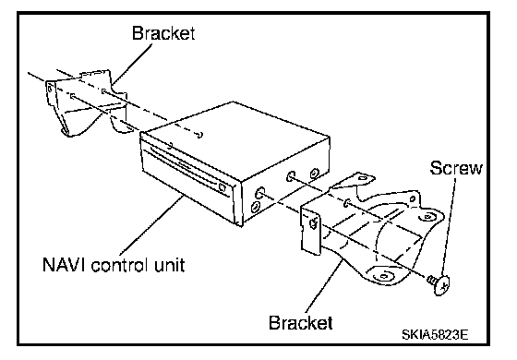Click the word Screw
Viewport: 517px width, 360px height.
[x=456, y=168]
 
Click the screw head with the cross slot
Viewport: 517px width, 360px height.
[x=442, y=284]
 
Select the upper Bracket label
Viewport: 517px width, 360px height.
[x=163, y=33]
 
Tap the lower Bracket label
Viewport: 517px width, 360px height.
[x=300, y=322]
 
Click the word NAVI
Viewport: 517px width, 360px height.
[x=65, y=264]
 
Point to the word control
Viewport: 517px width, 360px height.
[x=119, y=265]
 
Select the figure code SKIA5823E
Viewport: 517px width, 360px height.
[x=435, y=335]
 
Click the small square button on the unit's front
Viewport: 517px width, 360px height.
[x=222, y=187]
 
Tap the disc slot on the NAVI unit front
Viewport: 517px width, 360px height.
[x=185, y=167]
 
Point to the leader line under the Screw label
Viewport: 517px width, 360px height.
[x=450, y=227]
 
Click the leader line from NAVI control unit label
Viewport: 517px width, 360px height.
[x=151, y=226]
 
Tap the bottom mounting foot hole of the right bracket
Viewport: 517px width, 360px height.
[x=382, y=275]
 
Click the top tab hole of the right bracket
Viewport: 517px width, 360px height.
[x=362, y=178]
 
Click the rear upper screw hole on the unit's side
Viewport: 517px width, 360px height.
[x=314, y=173]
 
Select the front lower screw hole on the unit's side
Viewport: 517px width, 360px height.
[x=255, y=208]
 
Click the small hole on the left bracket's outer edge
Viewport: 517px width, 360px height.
[x=50, y=89]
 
